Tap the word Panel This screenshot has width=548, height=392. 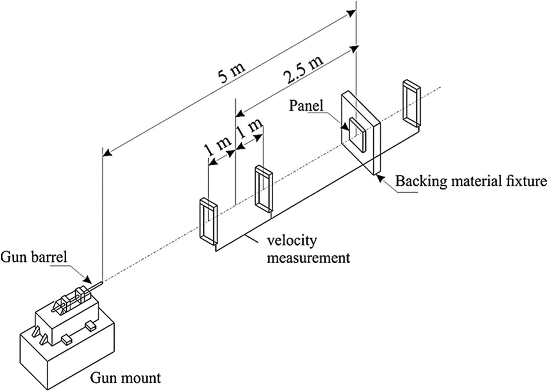tap(306, 105)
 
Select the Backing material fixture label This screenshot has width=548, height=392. tap(471, 181)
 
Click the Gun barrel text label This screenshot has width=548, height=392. tap(34, 257)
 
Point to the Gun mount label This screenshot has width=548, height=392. tap(125, 378)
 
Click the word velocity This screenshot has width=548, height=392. tap(292, 241)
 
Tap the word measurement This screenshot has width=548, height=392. tap(308, 258)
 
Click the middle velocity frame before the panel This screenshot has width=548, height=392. tap(263, 188)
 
